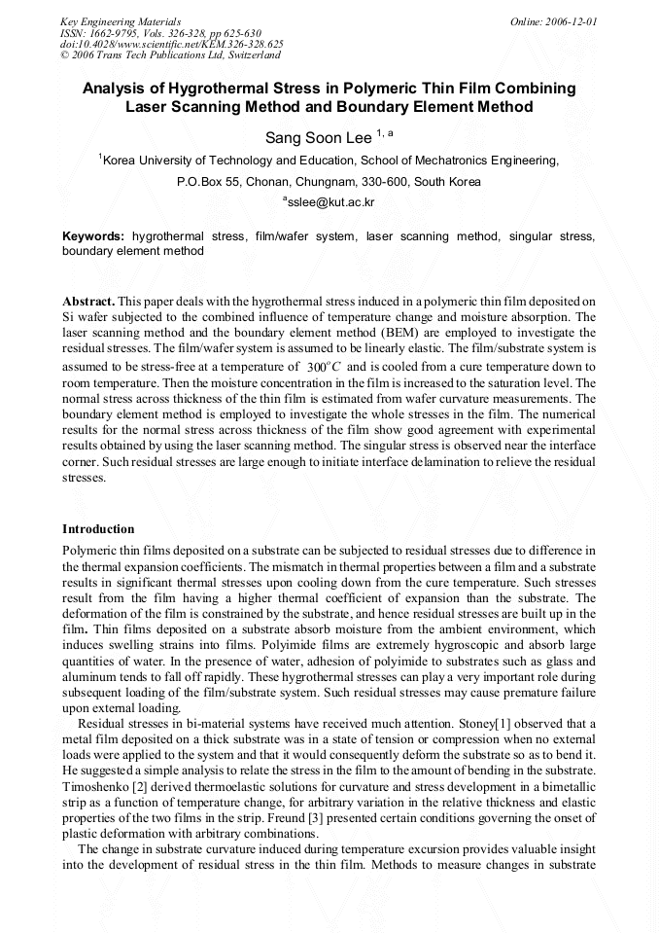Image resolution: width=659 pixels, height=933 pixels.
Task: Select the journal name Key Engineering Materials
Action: (x=120, y=20)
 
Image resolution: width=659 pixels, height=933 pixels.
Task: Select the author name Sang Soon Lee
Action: (x=319, y=138)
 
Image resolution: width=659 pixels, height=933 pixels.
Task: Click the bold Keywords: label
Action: (x=93, y=236)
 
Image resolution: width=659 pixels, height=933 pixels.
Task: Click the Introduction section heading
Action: (x=98, y=529)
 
